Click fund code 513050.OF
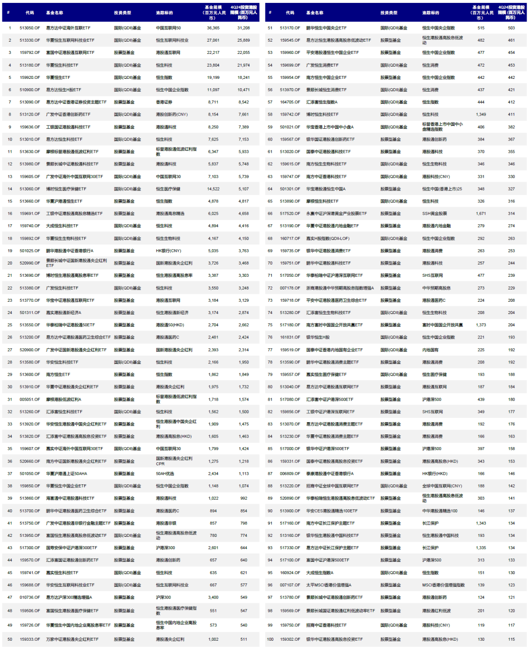(x=30, y=28)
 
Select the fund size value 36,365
(x=213, y=28)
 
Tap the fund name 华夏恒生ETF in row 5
(x=58, y=77)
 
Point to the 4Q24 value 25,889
(x=243, y=40)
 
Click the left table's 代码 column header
(x=30, y=13)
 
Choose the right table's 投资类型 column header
(x=389, y=13)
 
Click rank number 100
(x=270, y=639)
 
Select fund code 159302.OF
(x=290, y=639)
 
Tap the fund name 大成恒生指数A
(x=320, y=573)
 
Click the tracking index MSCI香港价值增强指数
(x=443, y=585)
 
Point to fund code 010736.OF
(x=30, y=597)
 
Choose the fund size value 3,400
(x=213, y=597)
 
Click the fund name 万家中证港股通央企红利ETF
(x=72, y=639)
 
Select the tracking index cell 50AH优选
(x=165, y=474)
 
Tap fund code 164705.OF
(x=290, y=102)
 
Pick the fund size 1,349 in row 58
(x=481, y=114)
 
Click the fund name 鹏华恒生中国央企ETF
(x=326, y=28)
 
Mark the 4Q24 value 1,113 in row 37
(x=243, y=474)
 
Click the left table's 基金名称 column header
(x=54, y=13)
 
